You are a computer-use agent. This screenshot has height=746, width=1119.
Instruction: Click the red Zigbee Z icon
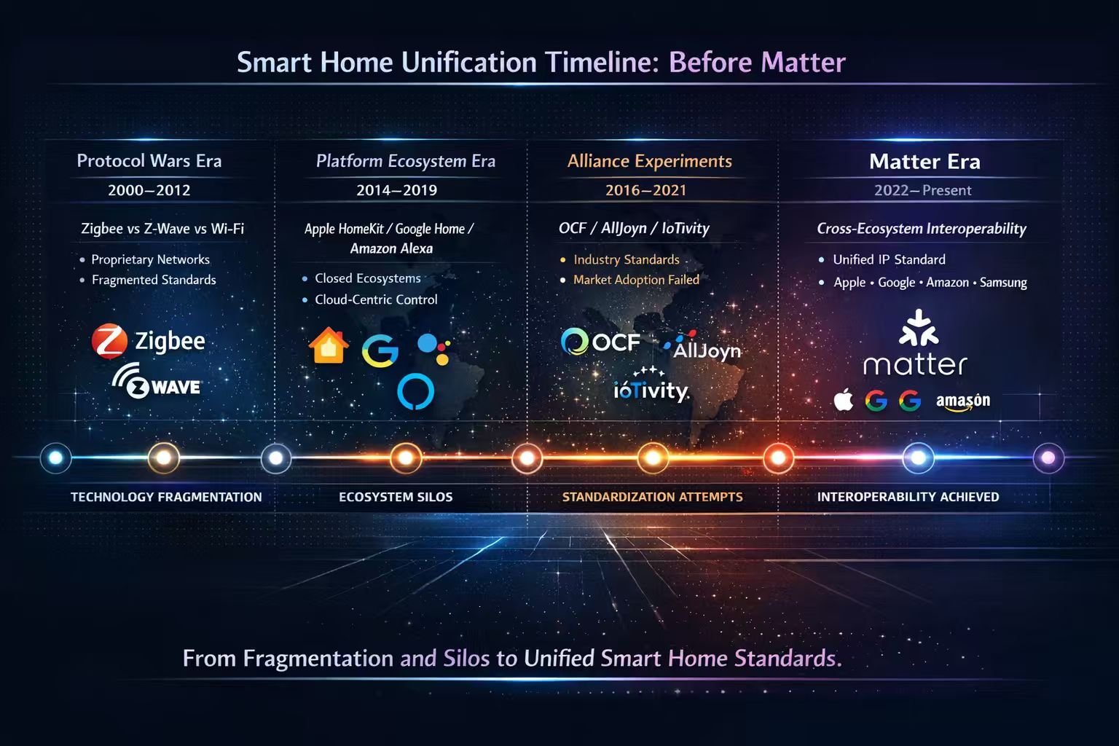pyautogui.click(x=109, y=341)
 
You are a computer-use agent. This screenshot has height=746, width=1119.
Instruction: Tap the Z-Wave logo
pyautogui.click(x=157, y=382)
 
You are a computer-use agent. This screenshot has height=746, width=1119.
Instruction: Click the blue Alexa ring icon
pyautogui.click(x=415, y=390)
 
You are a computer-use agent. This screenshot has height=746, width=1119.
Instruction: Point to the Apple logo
pyautogui.click(x=844, y=400)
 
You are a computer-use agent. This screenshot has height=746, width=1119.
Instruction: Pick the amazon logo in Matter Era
pyautogui.click(x=962, y=401)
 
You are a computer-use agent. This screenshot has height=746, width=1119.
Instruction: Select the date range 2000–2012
pyautogui.click(x=149, y=190)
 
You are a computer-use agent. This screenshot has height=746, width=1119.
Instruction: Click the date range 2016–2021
pyautogui.click(x=645, y=190)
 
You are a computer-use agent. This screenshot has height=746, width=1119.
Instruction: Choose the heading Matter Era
pyautogui.click(x=924, y=161)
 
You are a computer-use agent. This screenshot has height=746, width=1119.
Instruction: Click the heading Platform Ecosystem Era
pyautogui.click(x=405, y=161)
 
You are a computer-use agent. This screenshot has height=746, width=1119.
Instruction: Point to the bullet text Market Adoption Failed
pyautogui.click(x=636, y=280)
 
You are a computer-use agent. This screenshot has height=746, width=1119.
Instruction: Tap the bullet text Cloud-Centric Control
pyautogui.click(x=376, y=299)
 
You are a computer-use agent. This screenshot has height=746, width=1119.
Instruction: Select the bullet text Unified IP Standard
pyautogui.click(x=889, y=259)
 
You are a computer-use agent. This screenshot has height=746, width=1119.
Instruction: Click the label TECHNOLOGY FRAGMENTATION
pyautogui.click(x=166, y=497)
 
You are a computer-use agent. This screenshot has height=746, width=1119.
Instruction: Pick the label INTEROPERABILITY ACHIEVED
pyautogui.click(x=908, y=497)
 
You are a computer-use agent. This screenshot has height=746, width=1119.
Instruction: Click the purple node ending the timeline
pyautogui.click(x=1048, y=458)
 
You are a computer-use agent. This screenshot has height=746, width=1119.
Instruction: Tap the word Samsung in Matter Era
pyautogui.click(x=1003, y=283)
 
